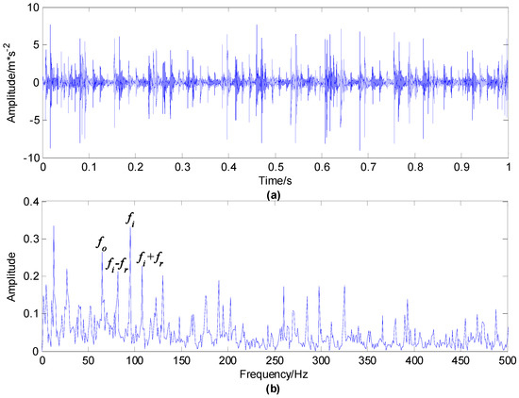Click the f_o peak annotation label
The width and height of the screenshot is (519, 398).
point(101,244)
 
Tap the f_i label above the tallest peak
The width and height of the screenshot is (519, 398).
point(131,219)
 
